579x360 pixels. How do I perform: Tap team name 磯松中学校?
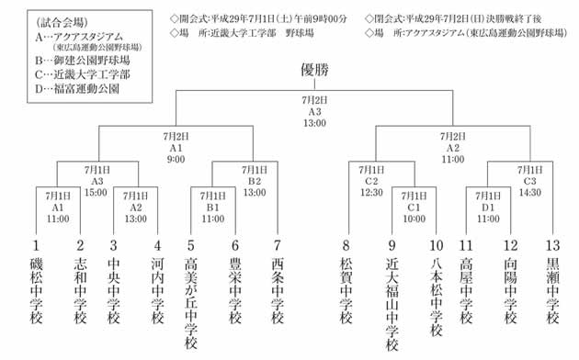(37, 290)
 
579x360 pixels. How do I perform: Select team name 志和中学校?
(80, 290)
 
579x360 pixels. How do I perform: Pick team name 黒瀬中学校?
(552, 290)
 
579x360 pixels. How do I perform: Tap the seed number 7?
(278, 245)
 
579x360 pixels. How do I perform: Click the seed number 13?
(552, 245)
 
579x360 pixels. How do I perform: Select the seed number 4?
(157, 245)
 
